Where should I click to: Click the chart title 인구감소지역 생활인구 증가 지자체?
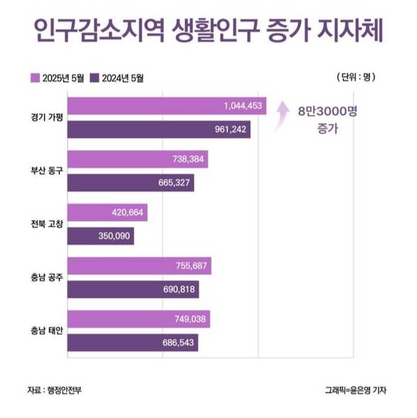pyautogui.click(x=208, y=33)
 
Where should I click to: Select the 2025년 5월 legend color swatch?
pyautogui.click(x=36, y=78)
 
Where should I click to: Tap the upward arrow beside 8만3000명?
pyautogui.click(x=282, y=115)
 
